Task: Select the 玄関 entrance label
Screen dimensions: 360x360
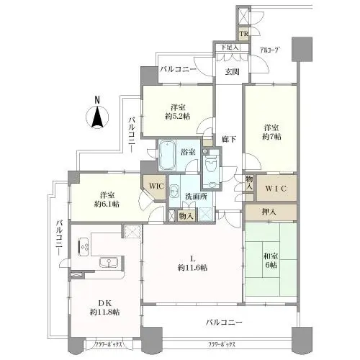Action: tap(231, 72)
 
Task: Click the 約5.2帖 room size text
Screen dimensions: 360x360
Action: tap(176, 117)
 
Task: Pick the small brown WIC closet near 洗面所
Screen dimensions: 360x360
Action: tap(156, 186)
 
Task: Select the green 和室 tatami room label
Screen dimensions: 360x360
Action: tap(271, 257)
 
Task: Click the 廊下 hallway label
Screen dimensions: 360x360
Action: tap(228, 139)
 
